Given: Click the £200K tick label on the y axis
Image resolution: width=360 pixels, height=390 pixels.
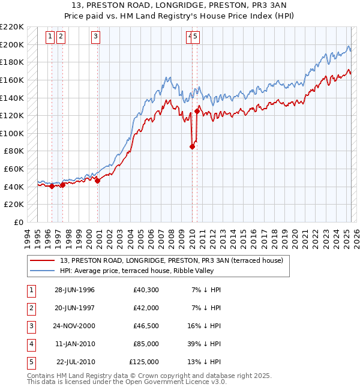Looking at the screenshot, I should click(12, 44).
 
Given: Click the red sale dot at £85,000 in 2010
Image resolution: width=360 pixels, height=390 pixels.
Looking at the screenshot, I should click(193, 146).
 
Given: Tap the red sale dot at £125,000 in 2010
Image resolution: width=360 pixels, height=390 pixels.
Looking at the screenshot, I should click(197, 111).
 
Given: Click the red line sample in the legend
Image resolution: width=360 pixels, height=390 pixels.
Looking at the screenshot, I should click(43, 260).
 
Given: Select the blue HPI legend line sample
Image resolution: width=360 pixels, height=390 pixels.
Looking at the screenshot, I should click(43, 271).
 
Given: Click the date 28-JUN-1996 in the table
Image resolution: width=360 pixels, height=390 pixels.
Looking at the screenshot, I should click(74, 290).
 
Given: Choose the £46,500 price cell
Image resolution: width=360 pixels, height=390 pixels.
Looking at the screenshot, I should click(144, 326).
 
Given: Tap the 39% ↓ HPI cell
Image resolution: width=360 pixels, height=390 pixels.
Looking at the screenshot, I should click(206, 344).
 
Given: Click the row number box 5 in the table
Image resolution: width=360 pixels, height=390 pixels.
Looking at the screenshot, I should click(30, 362).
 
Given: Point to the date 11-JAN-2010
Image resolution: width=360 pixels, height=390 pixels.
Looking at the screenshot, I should click(74, 344).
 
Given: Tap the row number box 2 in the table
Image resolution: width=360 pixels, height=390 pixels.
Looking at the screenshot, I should click(30, 308).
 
